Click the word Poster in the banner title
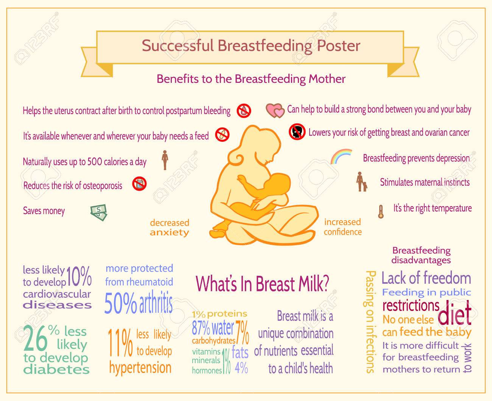click(338, 46)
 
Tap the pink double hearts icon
click(275, 110)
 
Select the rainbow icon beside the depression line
click(341, 156)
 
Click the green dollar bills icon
click(99, 212)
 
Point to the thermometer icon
click(381, 211)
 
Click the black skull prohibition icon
click(297, 132)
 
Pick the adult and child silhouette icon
click(361, 182)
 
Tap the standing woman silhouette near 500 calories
click(165, 160)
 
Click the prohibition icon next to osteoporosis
click(139, 184)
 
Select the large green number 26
click(35, 338)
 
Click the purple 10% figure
click(79, 277)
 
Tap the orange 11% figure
click(120, 343)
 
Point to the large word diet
click(455, 313)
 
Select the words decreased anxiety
click(170, 228)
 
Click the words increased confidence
click(343, 227)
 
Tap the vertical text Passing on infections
click(370, 322)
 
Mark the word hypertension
click(140, 368)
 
